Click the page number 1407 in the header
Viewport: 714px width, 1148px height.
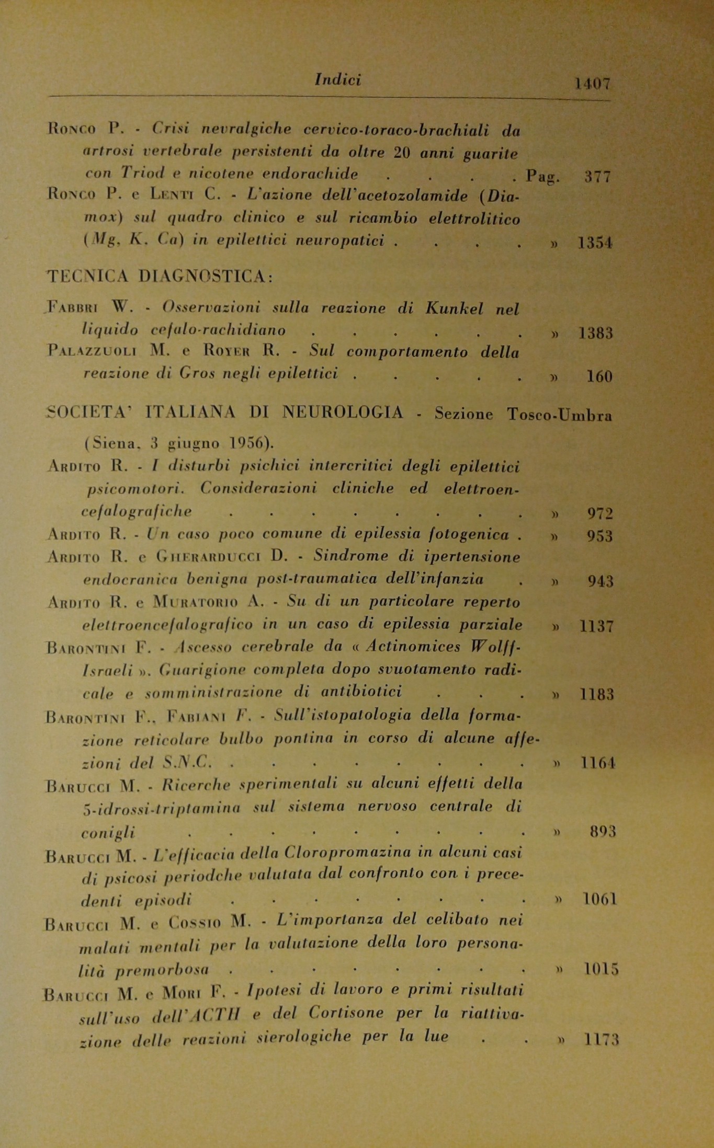tap(592, 83)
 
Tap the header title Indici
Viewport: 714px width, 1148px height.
tap(338, 79)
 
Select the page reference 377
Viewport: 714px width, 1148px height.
tap(597, 177)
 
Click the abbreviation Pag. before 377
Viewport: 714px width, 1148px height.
tap(543, 176)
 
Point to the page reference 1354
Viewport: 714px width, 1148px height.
tap(595, 243)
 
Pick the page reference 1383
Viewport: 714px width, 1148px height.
tap(596, 333)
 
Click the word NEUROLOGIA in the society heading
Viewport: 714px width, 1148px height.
tap(343, 413)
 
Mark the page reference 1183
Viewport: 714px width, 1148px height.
tap(597, 695)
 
